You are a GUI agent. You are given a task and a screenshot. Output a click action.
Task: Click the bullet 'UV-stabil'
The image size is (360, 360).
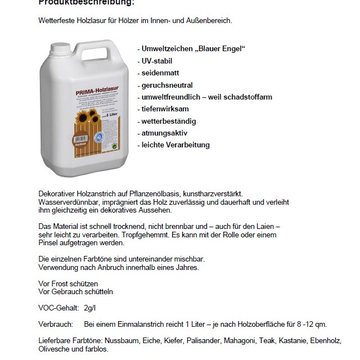[x=155, y=61]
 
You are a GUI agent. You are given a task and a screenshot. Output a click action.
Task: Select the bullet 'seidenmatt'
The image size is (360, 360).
[x=157, y=73]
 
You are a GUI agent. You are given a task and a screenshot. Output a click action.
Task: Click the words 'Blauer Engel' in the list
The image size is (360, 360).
[x=220, y=49]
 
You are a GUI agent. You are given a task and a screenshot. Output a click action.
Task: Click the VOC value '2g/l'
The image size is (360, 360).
[x=90, y=308]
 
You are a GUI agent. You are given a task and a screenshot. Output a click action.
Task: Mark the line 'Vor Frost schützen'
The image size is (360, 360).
[x=68, y=283]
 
